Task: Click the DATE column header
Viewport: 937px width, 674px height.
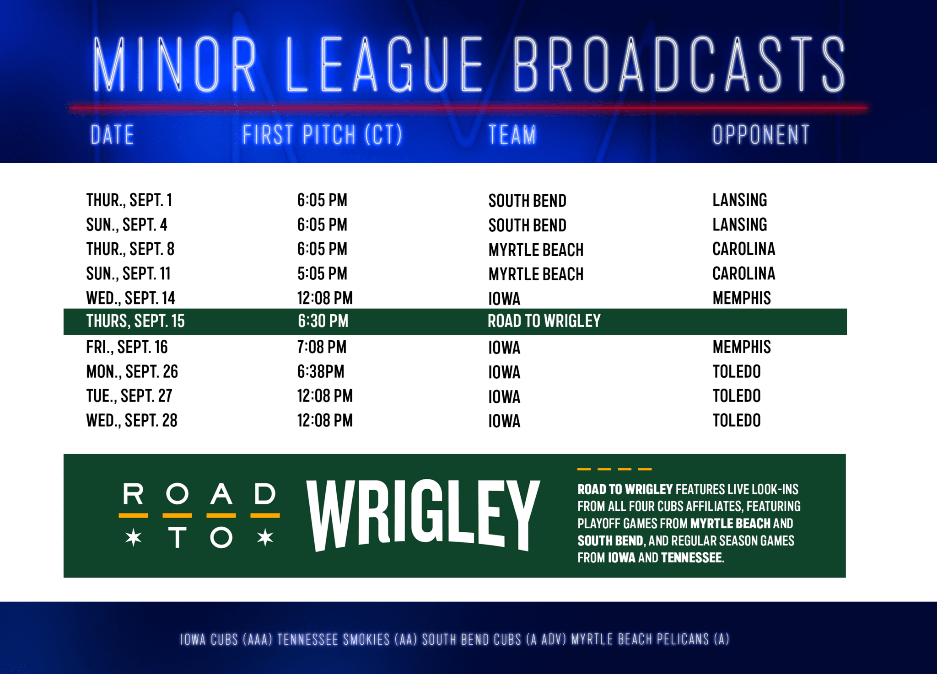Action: click(x=112, y=135)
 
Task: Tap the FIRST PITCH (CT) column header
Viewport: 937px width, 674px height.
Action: click(x=323, y=135)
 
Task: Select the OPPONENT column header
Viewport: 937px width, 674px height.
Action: click(x=761, y=135)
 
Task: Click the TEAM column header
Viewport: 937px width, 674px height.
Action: click(x=512, y=135)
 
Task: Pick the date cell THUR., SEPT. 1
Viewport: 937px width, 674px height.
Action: click(x=129, y=200)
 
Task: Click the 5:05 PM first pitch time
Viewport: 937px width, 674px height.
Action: click(x=322, y=274)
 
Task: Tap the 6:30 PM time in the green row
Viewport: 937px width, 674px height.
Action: click(x=323, y=321)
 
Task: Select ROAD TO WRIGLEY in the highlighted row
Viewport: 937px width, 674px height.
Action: click(x=544, y=321)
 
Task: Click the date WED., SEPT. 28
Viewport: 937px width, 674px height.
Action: click(x=132, y=421)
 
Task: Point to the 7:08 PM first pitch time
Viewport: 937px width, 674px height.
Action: click(x=322, y=347)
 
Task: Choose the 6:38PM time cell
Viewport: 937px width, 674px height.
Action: click(x=321, y=372)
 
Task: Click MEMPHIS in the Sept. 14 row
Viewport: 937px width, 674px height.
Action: click(x=742, y=298)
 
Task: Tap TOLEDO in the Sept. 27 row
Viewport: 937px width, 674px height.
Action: click(x=737, y=396)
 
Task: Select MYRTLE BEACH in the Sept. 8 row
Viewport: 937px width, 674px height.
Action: click(x=536, y=250)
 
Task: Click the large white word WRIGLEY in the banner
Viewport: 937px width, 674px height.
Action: click(x=424, y=515)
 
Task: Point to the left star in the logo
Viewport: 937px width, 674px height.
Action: click(x=134, y=538)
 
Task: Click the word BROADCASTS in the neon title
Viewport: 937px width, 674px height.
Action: click(x=679, y=65)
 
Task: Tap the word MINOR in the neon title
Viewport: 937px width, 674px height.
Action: click(x=174, y=65)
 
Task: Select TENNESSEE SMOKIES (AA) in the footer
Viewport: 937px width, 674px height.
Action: click(x=347, y=639)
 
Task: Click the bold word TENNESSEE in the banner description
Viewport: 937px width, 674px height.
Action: click(x=691, y=558)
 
